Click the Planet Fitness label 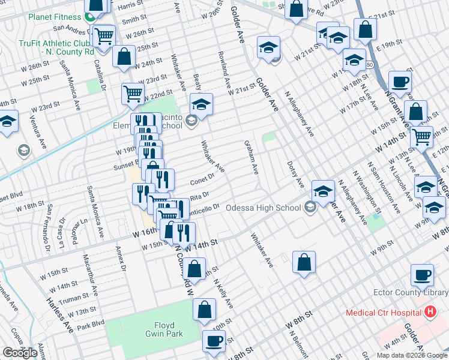click(55, 16)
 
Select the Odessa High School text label click(264, 208)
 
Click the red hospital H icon click(429, 312)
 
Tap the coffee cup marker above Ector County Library click(422, 275)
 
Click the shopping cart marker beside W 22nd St click(133, 93)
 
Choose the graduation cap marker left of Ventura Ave click(7, 123)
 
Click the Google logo click(20, 353)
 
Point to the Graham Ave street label click(251, 158)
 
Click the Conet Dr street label click(202, 179)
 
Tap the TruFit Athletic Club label click(57, 47)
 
